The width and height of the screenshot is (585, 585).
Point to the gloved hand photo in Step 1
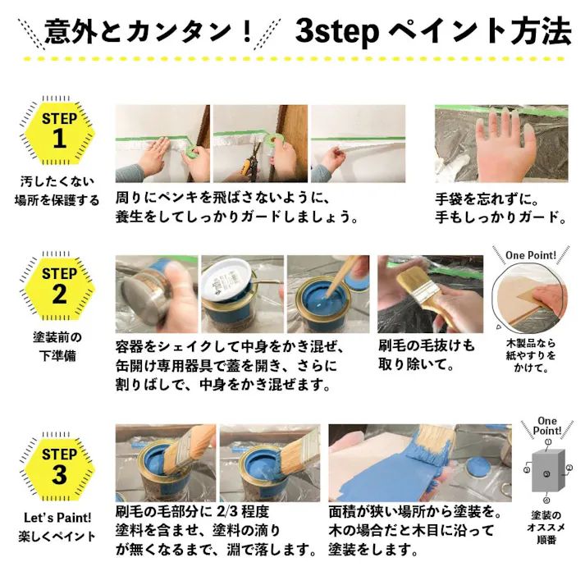[500, 143]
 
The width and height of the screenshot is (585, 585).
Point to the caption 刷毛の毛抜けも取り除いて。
[427, 355]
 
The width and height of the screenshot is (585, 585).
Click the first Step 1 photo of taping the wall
[162, 144]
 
